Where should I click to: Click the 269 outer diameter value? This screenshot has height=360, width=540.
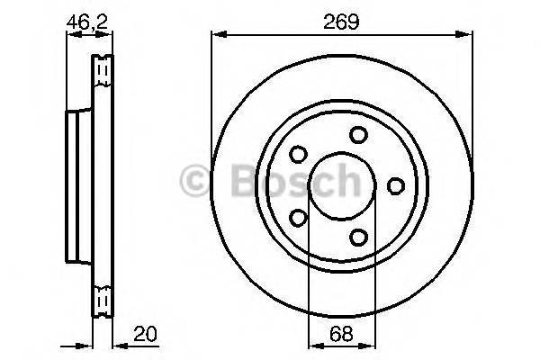(x=342, y=22)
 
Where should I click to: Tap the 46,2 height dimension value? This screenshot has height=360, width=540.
(x=83, y=22)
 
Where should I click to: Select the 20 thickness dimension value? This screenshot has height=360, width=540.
(x=143, y=334)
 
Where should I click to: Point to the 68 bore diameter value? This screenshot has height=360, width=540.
(x=342, y=334)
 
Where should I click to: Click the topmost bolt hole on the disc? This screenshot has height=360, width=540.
(x=359, y=135)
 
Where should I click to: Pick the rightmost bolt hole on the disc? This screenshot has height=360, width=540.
(x=395, y=185)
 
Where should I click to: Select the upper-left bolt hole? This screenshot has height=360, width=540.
(x=299, y=155)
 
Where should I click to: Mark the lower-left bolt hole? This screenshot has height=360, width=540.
(x=299, y=217)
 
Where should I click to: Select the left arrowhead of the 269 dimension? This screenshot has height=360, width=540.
(x=216, y=35)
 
